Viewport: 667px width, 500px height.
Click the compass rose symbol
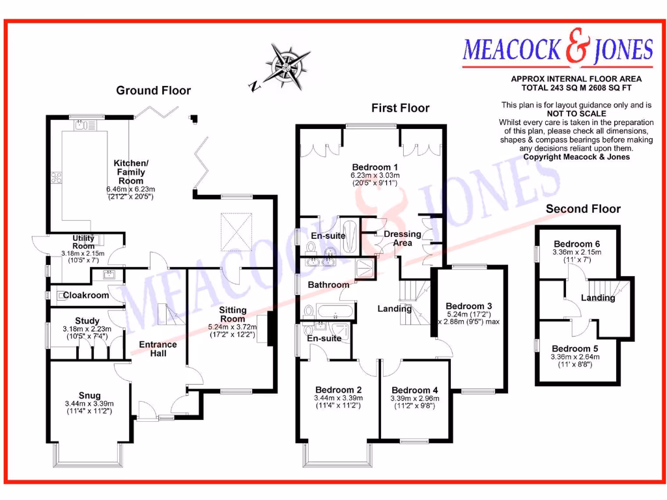point(285,65)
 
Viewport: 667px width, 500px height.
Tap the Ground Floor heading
point(153,90)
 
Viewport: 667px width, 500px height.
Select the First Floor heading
point(400,108)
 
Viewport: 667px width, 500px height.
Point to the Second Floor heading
point(583,209)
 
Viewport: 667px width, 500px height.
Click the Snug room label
point(89,395)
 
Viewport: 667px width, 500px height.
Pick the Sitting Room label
point(233,314)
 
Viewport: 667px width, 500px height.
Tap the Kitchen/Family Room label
point(130,172)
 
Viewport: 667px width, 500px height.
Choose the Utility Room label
point(83,242)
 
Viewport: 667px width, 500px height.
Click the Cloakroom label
point(85,296)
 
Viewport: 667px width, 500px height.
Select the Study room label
point(87,321)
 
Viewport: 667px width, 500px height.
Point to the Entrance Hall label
point(158,349)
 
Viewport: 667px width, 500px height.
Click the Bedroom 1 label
point(375,167)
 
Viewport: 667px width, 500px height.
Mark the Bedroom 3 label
point(468,306)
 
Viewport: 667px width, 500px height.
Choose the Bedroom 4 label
point(415,391)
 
